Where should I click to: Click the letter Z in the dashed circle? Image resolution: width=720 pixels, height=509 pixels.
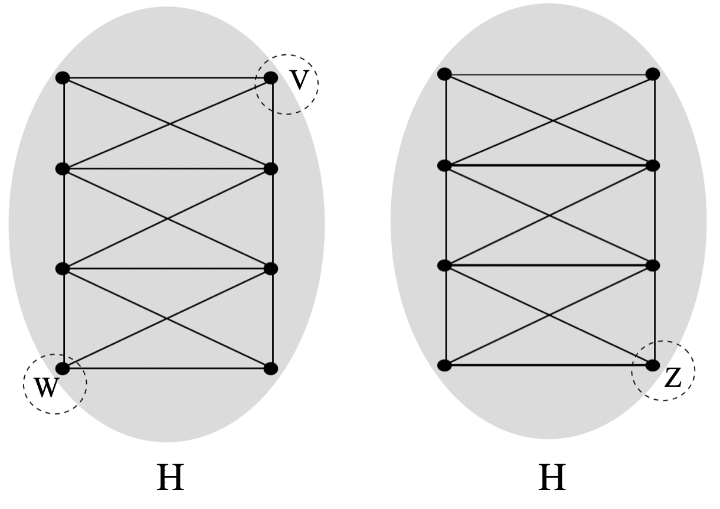click(x=673, y=378)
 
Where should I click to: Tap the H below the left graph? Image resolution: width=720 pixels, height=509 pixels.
click(x=170, y=478)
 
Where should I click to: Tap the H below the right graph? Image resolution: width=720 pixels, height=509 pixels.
click(x=552, y=478)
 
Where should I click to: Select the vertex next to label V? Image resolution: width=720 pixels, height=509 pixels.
click(x=271, y=78)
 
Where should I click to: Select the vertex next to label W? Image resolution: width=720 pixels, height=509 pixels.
click(x=63, y=368)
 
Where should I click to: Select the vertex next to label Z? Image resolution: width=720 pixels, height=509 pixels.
click(x=652, y=366)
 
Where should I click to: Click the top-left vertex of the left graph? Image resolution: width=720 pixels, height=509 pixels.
click(x=63, y=78)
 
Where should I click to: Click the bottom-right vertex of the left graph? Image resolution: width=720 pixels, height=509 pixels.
click(x=271, y=368)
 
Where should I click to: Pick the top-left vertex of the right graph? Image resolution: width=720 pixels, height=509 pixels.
click(x=445, y=74)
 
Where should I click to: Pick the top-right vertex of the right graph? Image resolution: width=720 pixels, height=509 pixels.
click(x=652, y=74)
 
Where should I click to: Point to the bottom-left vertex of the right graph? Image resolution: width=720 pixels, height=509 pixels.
click(x=445, y=366)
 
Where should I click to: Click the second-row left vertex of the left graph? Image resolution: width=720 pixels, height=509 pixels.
click(x=63, y=169)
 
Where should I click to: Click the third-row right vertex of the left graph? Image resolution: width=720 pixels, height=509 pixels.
click(x=271, y=269)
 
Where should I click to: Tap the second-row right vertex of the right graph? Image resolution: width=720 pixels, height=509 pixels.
click(x=652, y=165)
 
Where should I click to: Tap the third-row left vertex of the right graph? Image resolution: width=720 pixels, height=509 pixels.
click(x=445, y=266)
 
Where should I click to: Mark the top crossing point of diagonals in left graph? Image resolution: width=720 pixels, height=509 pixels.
click(x=170, y=123)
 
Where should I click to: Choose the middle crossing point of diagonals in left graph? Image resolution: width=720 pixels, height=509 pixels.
click(x=168, y=218)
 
